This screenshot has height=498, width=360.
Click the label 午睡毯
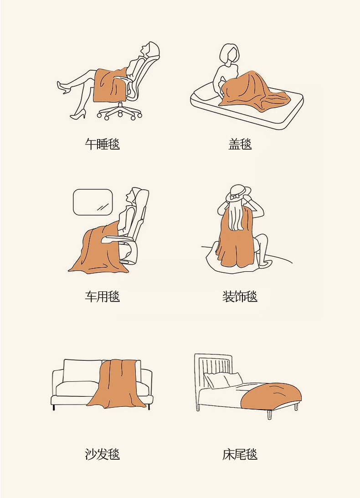tap(102, 144)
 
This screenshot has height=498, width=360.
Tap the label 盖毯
tap(240, 144)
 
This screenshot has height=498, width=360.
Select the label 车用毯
tap(102, 296)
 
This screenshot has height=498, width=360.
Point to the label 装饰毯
tap(240, 296)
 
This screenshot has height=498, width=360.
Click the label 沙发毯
tap(102, 454)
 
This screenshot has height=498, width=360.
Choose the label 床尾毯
tap(240, 454)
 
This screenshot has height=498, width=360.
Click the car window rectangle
tap(93, 202)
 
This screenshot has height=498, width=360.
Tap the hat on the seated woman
tap(238, 193)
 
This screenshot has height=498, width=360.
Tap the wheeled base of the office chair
tap(120, 112)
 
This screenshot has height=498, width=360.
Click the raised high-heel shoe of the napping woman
tap(63, 88)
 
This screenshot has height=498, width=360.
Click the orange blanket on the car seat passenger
tap(98, 251)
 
